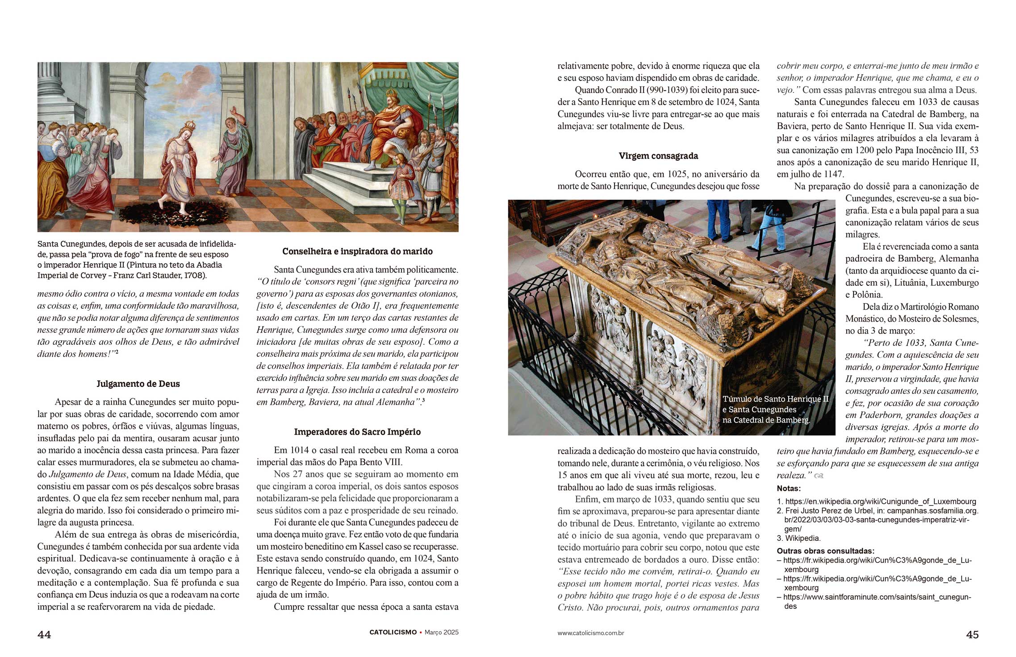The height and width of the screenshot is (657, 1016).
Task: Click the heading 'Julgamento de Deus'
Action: coord(138,384)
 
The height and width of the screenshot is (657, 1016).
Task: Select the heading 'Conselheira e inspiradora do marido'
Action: coord(357,251)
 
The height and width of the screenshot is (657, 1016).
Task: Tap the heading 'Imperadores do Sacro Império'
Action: coord(357,432)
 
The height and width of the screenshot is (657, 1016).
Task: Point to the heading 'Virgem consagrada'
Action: coord(658,156)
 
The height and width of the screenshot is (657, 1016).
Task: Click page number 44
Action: coord(44,635)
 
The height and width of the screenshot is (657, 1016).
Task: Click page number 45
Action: coord(972,635)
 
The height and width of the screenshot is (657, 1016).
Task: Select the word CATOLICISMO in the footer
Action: coord(393,632)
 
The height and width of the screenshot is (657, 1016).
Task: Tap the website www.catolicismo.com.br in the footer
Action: coord(590,633)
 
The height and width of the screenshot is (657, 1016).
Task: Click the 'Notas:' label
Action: coord(789,489)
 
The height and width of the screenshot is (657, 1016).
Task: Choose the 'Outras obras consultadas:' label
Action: coord(825,551)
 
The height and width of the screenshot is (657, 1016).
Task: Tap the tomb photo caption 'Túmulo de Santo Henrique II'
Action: coord(775,399)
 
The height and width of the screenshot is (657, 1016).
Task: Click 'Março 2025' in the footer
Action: coord(441,632)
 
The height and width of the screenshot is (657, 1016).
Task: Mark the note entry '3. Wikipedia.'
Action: coord(799,538)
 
